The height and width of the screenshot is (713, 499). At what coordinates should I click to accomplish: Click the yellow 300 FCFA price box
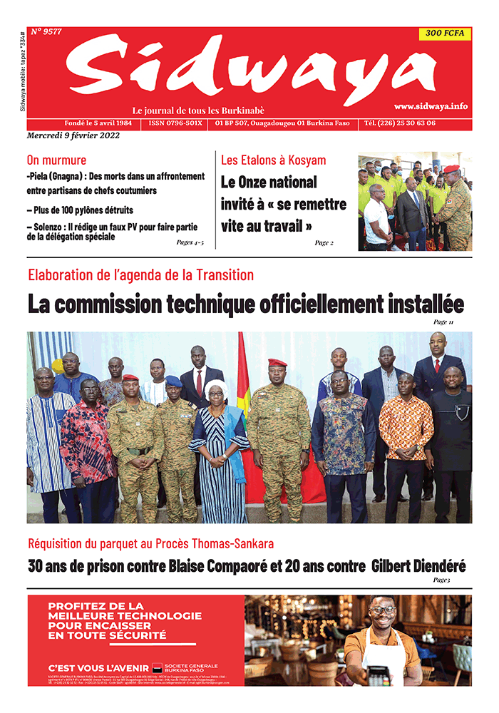pos(444,34)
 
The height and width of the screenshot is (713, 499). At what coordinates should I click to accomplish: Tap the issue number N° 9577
pos(46,31)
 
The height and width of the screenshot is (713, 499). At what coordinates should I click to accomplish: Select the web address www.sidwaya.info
pos(431,106)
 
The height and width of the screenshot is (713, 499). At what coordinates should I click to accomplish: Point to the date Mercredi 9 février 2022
pos(74,135)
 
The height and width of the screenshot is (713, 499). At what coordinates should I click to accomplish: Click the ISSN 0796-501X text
pos(176,123)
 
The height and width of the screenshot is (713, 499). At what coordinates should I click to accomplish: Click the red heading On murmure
pos(56,160)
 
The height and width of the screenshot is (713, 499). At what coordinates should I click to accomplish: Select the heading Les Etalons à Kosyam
pos(273,160)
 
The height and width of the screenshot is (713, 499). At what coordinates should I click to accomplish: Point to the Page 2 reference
pos(324,242)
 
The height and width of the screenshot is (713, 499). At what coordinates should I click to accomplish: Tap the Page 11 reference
pos(443,322)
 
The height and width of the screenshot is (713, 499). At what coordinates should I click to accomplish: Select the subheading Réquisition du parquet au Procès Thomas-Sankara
pos(150,545)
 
